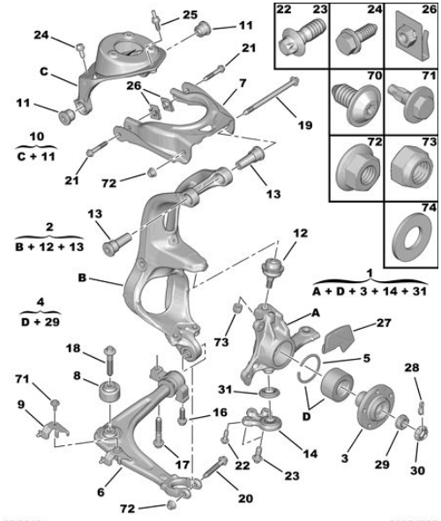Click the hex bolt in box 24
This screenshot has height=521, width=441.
click(x=356, y=39)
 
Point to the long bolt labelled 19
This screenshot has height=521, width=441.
click(x=270, y=97)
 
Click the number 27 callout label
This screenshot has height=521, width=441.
click(x=383, y=324)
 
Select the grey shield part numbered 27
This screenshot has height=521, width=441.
click(x=338, y=338)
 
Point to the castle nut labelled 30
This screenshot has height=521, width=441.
click(x=421, y=433)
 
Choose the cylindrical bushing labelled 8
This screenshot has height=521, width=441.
click(x=109, y=392)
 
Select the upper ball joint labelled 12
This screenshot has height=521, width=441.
click(x=273, y=271)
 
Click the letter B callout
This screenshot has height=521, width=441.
click(x=82, y=278)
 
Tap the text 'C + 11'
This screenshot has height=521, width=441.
click(x=36, y=156)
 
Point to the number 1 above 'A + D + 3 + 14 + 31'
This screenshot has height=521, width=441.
click(x=370, y=273)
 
